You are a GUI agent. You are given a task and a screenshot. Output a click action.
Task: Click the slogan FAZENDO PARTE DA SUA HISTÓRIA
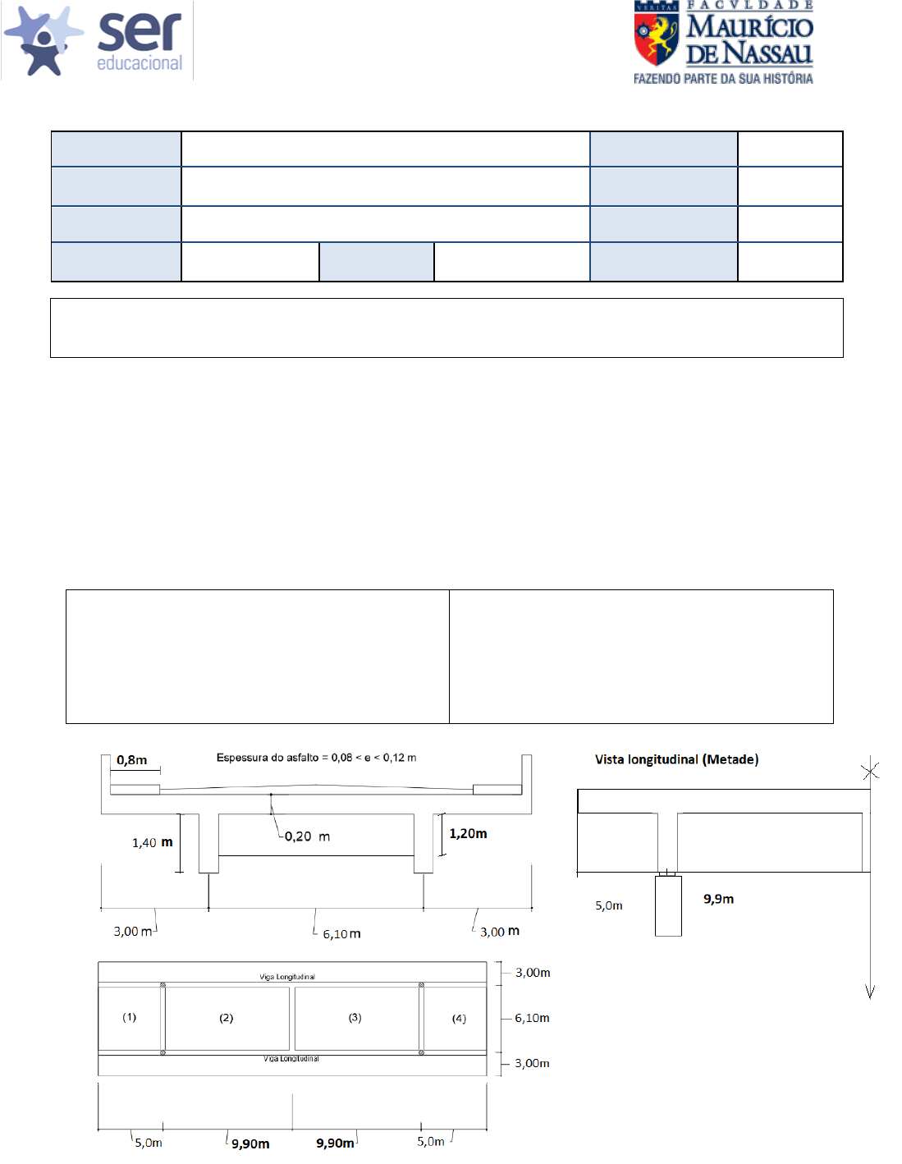pos(722,79)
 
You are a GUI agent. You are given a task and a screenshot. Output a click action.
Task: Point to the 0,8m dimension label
pos(132,760)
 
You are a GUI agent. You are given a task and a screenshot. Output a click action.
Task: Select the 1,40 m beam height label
pos(153,842)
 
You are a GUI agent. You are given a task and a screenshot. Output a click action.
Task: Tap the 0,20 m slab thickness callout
pos(307,836)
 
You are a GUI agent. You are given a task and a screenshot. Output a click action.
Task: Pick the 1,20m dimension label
pos(468,833)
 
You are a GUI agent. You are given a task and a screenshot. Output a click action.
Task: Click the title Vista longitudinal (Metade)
pos(676,759)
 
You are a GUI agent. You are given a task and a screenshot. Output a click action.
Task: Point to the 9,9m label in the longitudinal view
pos(718,899)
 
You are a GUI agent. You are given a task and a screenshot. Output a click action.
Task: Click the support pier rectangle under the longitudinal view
pos(668,906)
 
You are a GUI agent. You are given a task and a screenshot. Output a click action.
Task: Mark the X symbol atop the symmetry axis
pos(870,771)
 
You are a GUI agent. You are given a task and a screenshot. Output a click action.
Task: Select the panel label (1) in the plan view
pos(130,1017)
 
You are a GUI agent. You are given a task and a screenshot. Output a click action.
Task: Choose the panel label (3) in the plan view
pos(355,1018)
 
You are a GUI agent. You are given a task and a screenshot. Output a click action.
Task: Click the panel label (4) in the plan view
pos(459,1019)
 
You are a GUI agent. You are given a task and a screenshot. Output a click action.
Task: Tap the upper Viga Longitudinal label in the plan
pos(287,977)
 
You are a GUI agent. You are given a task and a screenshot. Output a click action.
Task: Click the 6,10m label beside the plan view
pos(532,1018)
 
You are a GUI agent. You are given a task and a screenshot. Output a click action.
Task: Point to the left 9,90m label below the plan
pos(250,1143)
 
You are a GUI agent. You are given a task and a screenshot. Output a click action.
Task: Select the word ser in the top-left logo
pos(139,33)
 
